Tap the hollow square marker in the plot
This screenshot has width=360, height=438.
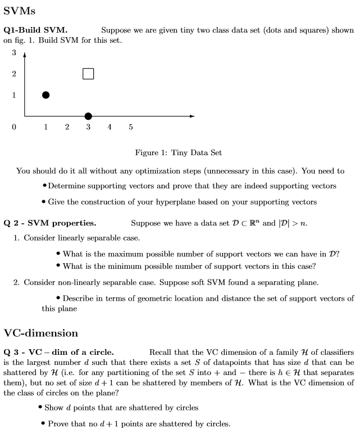point(88,74)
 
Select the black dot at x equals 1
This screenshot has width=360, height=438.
point(45,95)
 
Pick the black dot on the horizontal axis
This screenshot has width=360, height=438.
point(88,116)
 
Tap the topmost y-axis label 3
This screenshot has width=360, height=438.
point(13,53)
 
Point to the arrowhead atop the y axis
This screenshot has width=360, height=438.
point(25,55)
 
